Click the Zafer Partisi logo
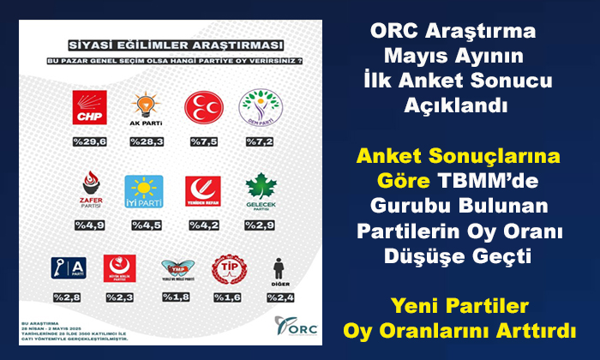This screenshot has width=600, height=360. click(x=90, y=189)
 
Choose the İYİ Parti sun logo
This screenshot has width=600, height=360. click(x=144, y=189)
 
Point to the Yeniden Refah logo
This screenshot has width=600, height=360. click(x=202, y=189)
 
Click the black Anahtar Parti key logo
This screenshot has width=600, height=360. click(x=67, y=267)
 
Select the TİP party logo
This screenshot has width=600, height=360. click(x=226, y=269)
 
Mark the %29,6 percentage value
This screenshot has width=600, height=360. click(x=89, y=142)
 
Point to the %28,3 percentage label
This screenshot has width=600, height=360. click(x=144, y=142)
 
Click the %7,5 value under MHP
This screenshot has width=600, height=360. click(x=202, y=142)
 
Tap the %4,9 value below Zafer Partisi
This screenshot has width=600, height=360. click(x=90, y=226)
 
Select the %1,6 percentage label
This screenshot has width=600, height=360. click(x=226, y=297)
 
